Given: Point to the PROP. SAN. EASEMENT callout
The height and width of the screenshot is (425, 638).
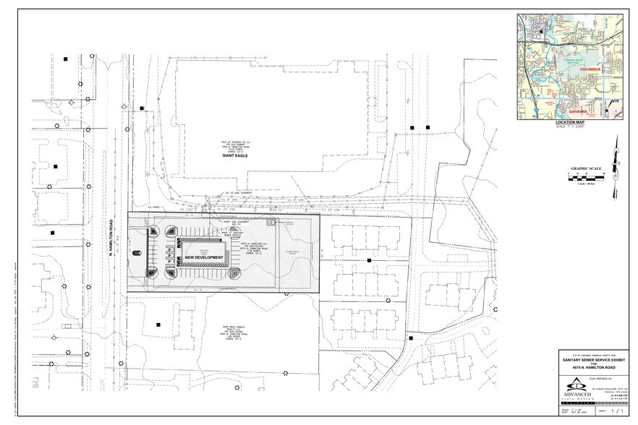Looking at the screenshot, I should [220, 227].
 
